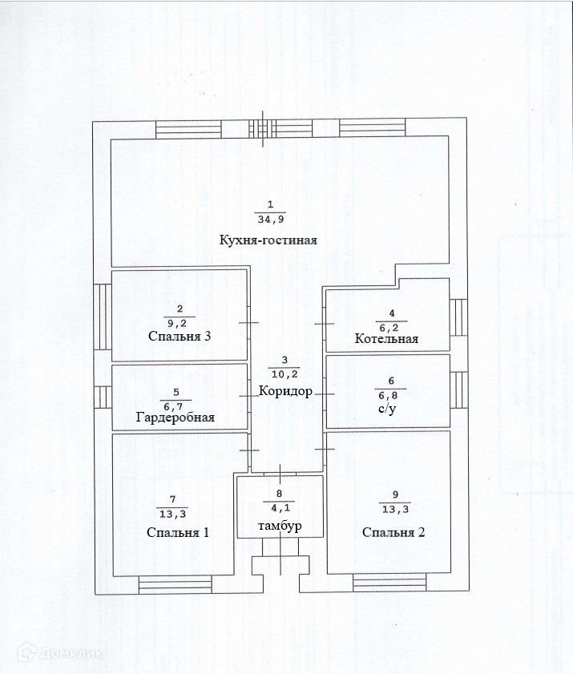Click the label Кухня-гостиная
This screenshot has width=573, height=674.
pyautogui.click(x=268, y=240)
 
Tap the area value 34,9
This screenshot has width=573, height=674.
pyautogui.click(x=270, y=219)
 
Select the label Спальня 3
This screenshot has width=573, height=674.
pyautogui.click(x=180, y=336)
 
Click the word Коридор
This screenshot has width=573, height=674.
pyautogui.click(x=285, y=392)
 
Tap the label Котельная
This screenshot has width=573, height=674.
pyautogui.click(x=387, y=339)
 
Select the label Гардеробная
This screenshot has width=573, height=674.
pyautogui.click(x=175, y=418)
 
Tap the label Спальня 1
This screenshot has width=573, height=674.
pyautogui.click(x=178, y=532)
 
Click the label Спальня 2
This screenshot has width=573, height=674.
pyautogui.click(x=393, y=532)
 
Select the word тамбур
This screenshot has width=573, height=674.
pyautogui.click(x=279, y=525)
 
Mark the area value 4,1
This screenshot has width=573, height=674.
pyautogui.click(x=279, y=507)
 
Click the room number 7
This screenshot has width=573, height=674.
pyautogui.click(x=172, y=499)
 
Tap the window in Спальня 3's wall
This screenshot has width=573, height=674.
pyautogui.click(x=102, y=317)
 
